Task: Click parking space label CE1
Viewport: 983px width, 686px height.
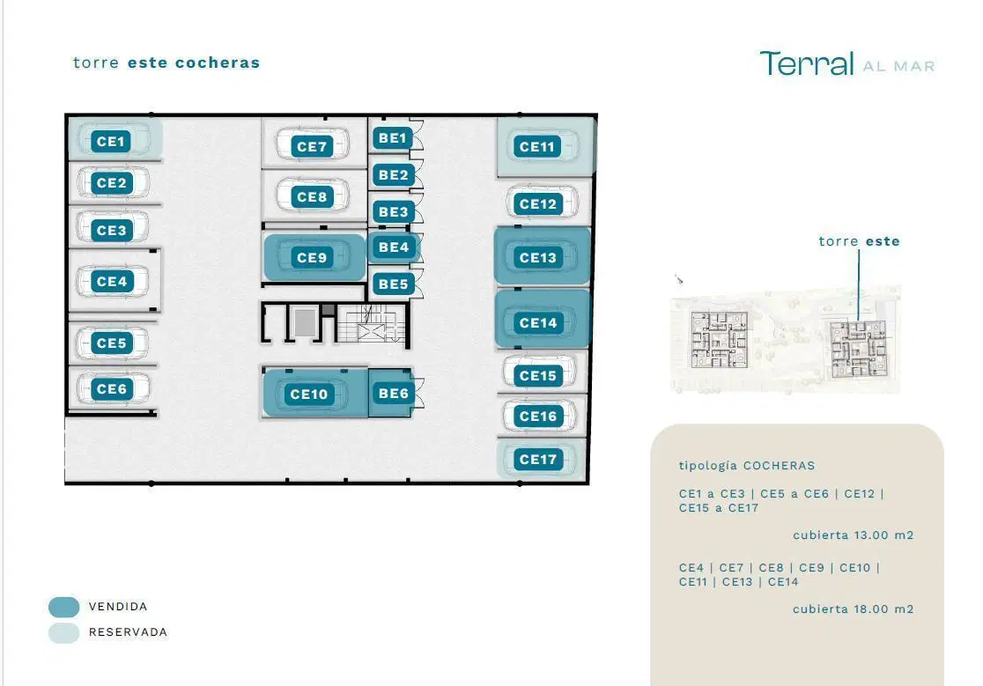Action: (x=111, y=142)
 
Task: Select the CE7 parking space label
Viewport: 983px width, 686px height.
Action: (x=312, y=146)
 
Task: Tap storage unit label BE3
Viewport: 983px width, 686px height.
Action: (x=393, y=211)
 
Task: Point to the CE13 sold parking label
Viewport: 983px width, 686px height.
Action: (x=538, y=257)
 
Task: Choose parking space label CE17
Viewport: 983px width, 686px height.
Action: (x=538, y=459)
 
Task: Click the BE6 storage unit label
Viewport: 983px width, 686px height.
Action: (x=393, y=394)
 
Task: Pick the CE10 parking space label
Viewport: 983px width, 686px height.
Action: (x=308, y=394)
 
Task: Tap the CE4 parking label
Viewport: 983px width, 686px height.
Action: (x=112, y=282)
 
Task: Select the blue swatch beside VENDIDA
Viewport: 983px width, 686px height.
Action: (x=64, y=607)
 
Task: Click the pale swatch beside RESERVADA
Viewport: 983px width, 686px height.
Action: (x=64, y=633)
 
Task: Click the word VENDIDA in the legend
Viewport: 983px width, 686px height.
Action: (x=118, y=607)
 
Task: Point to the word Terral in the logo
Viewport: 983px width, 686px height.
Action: (x=807, y=63)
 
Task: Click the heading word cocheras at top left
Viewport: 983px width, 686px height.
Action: (x=218, y=63)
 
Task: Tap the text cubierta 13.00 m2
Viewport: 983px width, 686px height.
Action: (x=854, y=535)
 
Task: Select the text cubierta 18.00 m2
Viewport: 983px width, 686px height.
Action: (x=854, y=609)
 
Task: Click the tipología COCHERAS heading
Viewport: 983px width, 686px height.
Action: (x=747, y=466)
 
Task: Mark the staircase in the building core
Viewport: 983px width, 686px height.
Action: (x=371, y=323)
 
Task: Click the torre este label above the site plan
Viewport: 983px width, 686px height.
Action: (x=859, y=241)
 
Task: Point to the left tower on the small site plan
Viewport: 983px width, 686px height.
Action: (x=719, y=339)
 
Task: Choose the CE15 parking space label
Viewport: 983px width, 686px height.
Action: (x=538, y=376)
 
